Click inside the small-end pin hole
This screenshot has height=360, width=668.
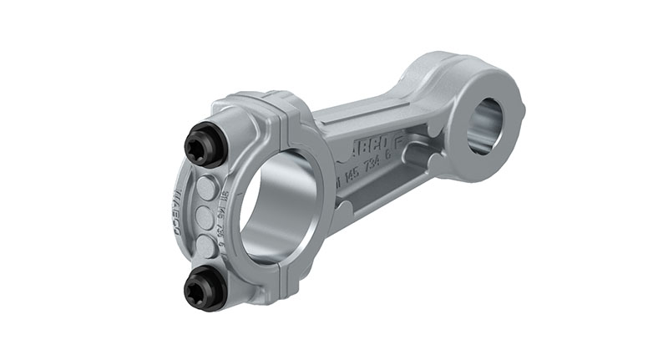click(483, 126)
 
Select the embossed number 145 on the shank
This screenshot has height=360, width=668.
click(350, 175)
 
